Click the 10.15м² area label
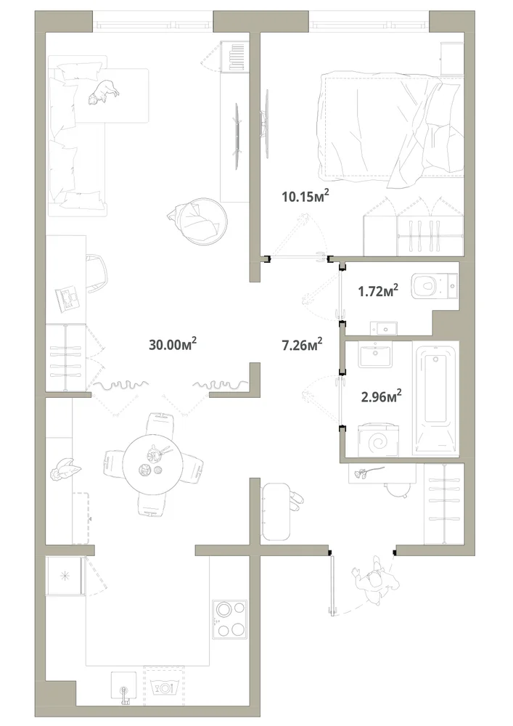305,196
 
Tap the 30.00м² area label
173,344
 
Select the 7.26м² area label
302,344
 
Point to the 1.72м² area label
378,291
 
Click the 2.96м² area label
381,396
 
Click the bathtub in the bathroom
436,397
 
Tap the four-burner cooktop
229,619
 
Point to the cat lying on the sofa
104,91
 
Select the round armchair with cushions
202,221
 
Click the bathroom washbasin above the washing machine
375,355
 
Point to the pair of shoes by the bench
295,502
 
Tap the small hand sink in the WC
383,328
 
